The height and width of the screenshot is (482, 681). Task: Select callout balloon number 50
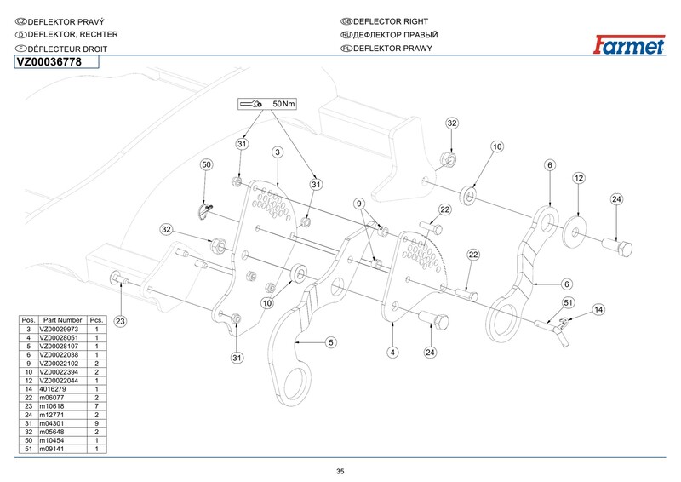click(x=205, y=164)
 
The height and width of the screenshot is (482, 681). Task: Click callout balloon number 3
click(x=278, y=152)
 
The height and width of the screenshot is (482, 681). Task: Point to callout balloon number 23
click(x=120, y=321)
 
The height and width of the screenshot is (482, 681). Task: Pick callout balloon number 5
click(x=331, y=341)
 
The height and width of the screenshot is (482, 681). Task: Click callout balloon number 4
click(x=392, y=351)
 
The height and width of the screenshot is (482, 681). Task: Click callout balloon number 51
click(x=567, y=301)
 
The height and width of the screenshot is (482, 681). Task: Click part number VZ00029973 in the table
click(x=64, y=329)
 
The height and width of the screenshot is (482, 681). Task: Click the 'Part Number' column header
click(x=64, y=320)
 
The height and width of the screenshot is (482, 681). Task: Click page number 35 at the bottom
click(x=340, y=471)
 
